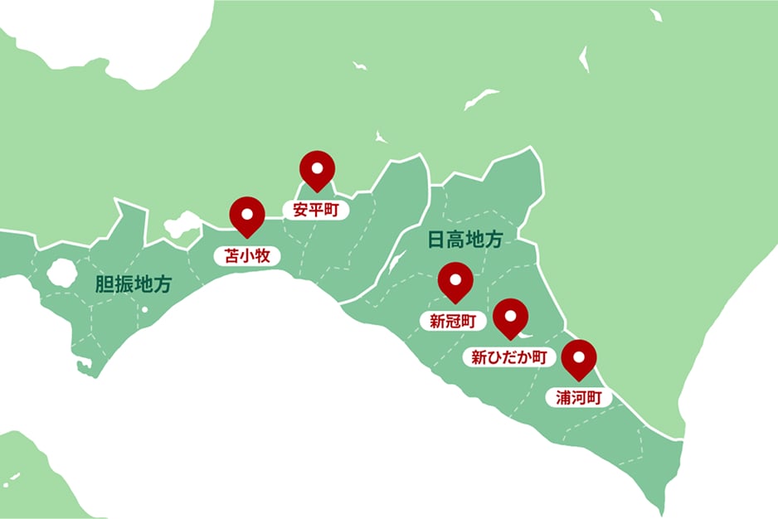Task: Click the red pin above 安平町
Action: pyautogui.click(x=317, y=169)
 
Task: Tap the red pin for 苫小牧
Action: pyautogui.click(x=247, y=215)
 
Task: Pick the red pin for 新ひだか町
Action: pyautogui.click(x=511, y=318)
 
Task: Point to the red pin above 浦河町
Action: pyautogui.click(x=579, y=357)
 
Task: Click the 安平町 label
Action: pyautogui.click(x=316, y=210)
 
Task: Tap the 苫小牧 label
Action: pyautogui.click(x=247, y=255)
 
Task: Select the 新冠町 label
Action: pyautogui.click(x=453, y=321)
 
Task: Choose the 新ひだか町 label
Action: pyautogui.click(x=508, y=358)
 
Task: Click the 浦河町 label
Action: pyautogui.click(x=578, y=397)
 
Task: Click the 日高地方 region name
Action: pyautogui.click(x=465, y=240)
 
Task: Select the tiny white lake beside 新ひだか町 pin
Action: pyautogui.click(x=525, y=336)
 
